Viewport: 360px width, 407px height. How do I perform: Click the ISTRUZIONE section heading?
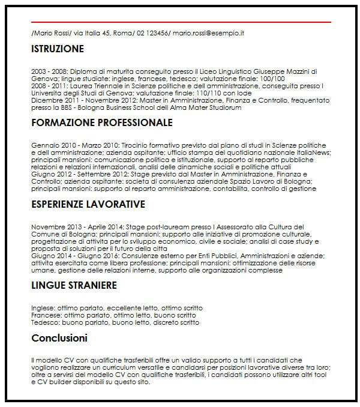pos(58,49)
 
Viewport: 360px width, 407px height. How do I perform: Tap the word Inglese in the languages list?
pos(43,307)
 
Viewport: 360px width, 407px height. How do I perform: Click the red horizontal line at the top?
pos(180,22)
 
